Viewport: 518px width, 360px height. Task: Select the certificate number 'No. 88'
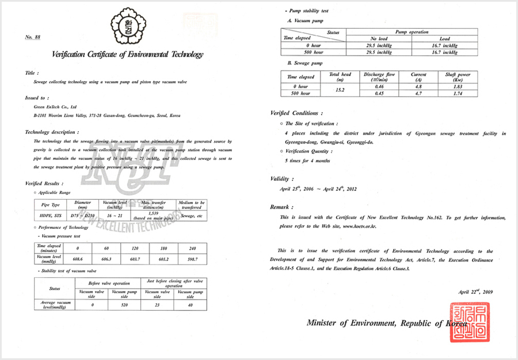click(x=33, y=37)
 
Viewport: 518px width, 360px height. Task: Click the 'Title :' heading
click(x=32, y=73)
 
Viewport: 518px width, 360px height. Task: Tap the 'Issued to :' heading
click(x=36, y=98)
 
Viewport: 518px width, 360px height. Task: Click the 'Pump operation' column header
click(x=412, y=32)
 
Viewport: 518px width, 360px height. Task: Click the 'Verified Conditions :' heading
click(x=296, y=113)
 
